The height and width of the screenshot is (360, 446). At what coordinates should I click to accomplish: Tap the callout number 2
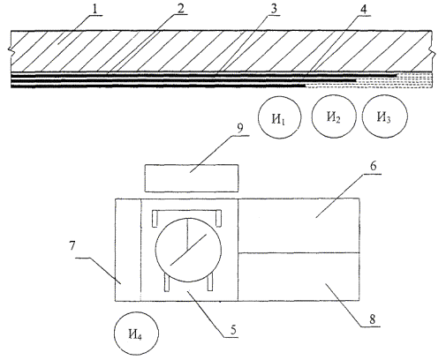point(180,9)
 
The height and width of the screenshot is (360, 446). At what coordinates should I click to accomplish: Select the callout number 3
point(274,9)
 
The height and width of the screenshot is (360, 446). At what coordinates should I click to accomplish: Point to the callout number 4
point(364,9)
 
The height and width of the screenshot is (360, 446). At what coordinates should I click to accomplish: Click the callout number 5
point(233,330)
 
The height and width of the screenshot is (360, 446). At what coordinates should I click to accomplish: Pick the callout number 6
point(373,166)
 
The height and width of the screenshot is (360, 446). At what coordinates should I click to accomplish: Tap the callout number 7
point(72,245)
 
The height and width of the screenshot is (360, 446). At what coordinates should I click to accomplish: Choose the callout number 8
point(373,319)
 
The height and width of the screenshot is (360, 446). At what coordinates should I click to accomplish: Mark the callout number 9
point(240,128)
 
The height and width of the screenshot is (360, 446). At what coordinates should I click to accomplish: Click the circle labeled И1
point(280,117)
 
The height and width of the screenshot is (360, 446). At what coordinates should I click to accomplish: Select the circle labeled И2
point(334,116)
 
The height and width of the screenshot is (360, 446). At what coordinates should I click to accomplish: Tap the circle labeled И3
point(385,116)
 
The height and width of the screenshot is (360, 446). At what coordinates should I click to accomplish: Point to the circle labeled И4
point(136,334)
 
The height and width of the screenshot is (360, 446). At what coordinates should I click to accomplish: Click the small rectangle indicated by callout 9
point(192,178)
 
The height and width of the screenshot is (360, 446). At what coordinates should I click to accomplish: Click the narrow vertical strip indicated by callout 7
point(128,250)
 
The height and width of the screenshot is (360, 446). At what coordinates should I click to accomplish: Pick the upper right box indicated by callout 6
point(299,225)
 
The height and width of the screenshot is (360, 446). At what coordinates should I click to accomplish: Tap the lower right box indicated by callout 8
point(299,276)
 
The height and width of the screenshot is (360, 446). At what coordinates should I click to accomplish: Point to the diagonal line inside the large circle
point(188,250)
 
